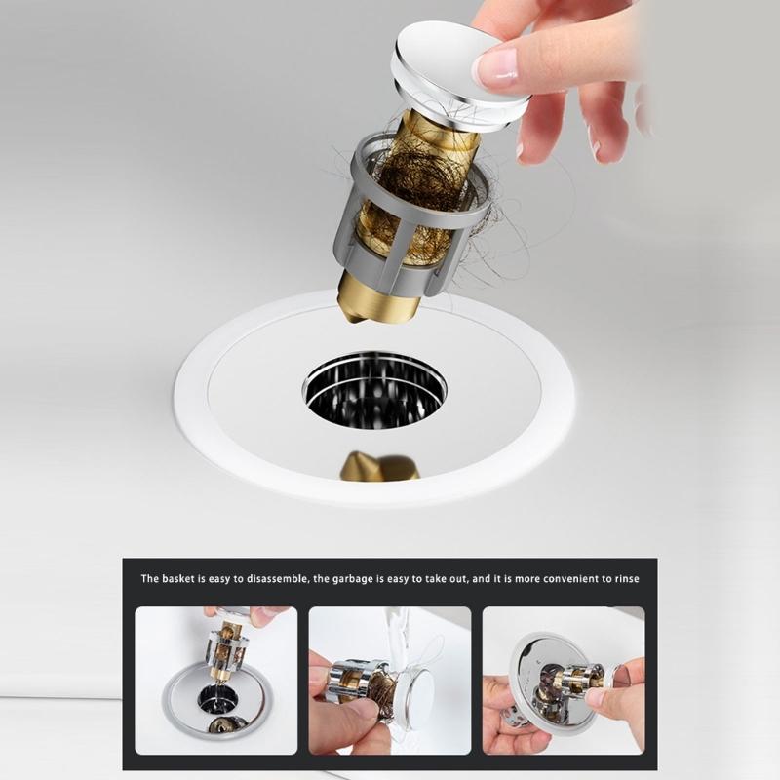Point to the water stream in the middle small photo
pyautogui.click(x=395, y=634)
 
